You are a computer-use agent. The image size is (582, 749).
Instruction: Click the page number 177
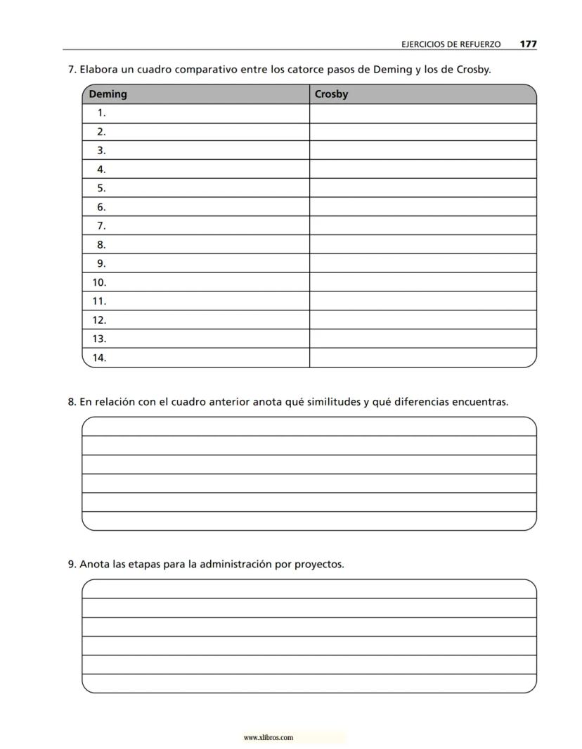528,44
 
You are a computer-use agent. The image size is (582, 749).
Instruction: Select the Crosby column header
331,94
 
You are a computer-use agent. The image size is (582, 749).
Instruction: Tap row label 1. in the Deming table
101,113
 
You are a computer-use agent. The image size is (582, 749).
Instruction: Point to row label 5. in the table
101,188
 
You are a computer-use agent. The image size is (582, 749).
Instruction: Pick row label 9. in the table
101,263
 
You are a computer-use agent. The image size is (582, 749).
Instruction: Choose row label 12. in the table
99,320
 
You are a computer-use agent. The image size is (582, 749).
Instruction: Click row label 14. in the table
99,358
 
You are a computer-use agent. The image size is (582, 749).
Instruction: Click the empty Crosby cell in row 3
422,150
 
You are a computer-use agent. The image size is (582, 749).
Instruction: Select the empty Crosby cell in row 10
422,282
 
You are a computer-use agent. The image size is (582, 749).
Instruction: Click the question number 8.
72,402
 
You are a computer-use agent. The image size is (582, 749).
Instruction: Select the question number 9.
72,564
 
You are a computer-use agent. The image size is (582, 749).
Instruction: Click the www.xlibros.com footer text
268,738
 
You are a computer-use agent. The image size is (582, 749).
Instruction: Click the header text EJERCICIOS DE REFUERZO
451,44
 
